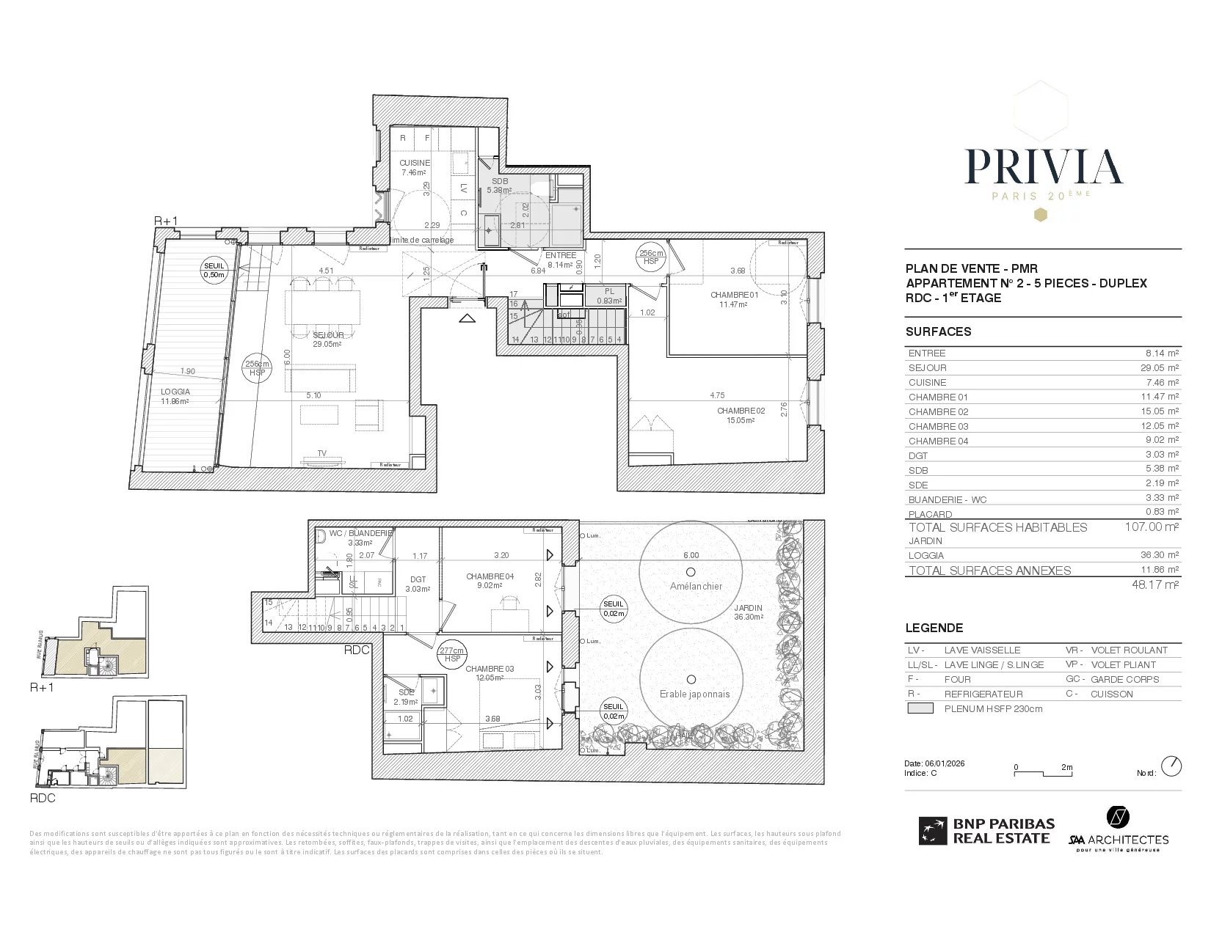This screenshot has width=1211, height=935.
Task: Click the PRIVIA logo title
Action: click(x=1043, y=166)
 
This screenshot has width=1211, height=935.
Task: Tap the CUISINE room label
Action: click(x=415, y=163)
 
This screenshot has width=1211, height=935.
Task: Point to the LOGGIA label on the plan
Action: click(x=175, y=392)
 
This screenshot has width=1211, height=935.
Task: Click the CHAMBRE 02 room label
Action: click(x=741, y=411)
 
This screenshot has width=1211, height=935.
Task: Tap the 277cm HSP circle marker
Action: click(x=452, y=654)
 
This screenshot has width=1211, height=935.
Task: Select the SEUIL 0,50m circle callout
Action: click(x=215, y=271)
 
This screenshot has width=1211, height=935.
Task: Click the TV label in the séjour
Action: click(x=321, y=453)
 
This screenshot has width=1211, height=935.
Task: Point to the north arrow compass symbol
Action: click(x=1172, y=766)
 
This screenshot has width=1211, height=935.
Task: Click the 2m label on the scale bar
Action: click(x=1066, y=768)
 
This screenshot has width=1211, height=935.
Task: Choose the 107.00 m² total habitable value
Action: click(x=1152, y=527)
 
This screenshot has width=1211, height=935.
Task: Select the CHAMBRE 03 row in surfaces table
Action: click(x=1043, y=426)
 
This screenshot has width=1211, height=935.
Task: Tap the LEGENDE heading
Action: click(x=934, y=628)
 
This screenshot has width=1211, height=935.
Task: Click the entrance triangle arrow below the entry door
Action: click(x=467, y=318)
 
